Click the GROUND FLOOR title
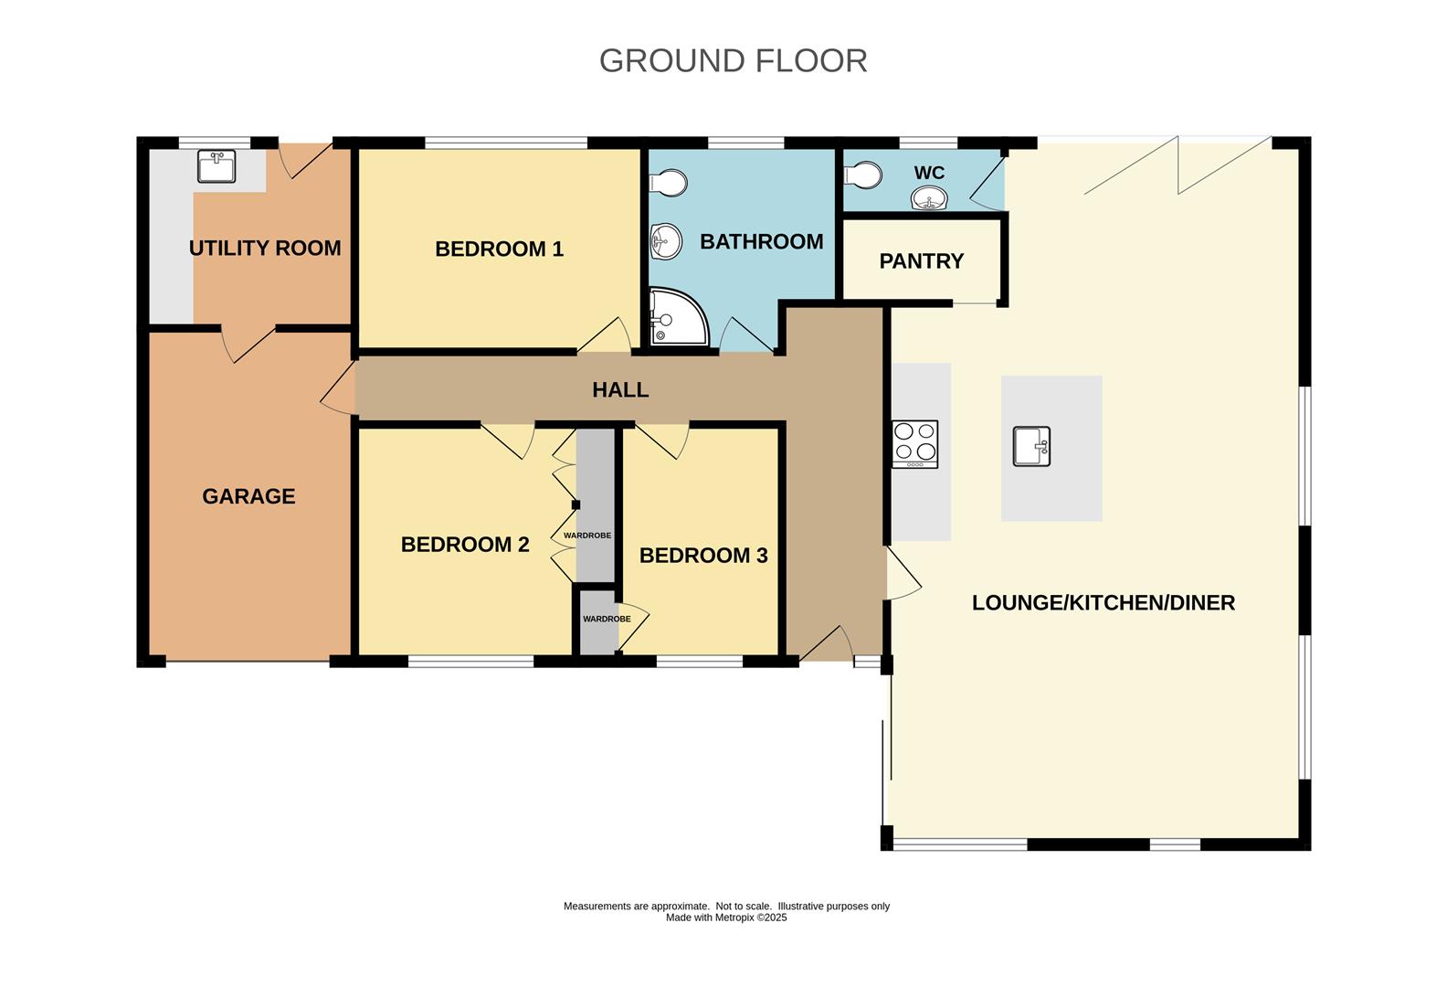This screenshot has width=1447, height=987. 733,60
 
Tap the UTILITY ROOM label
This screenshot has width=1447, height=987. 265,248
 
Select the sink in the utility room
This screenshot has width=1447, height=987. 217,166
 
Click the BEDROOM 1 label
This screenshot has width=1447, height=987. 499,249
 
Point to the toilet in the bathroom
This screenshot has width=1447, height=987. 670,181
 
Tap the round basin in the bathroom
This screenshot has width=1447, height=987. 666,242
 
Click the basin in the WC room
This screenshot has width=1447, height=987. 929,198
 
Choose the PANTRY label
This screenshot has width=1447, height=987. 921,261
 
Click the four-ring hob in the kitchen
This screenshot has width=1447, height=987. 914,443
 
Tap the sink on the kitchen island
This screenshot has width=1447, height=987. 1032,447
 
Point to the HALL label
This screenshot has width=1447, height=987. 620,390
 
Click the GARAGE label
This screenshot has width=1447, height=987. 248,496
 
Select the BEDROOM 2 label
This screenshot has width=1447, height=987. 465,545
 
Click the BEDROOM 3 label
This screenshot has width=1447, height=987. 703,556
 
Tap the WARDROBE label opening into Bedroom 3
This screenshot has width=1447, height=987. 607,619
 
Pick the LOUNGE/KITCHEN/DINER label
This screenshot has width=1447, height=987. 1103,603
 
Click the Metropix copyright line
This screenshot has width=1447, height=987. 726,918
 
